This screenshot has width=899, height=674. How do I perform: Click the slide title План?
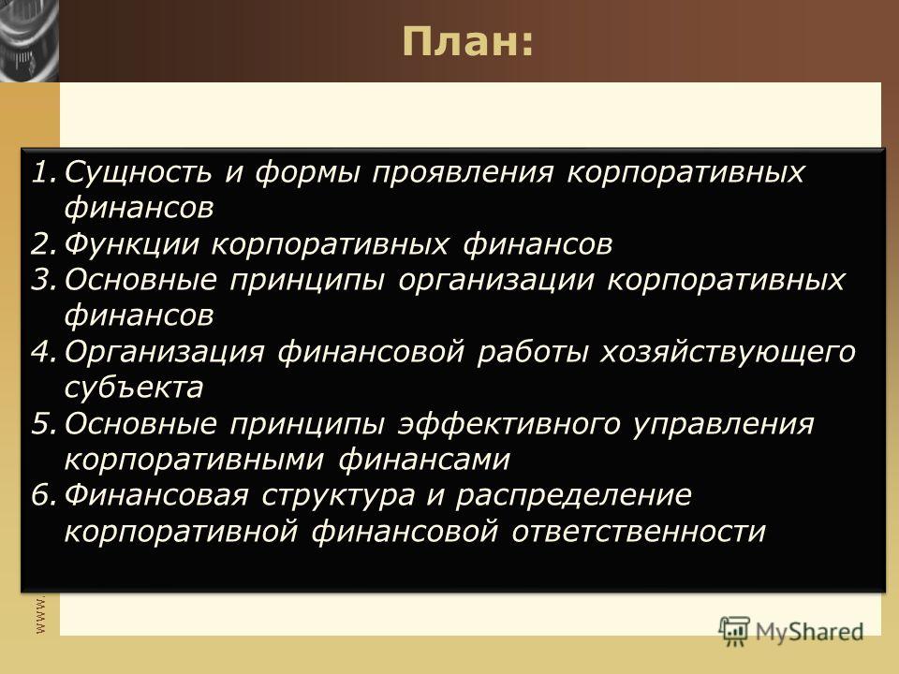coord(467,41)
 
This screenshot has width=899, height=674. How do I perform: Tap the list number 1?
coord(44,172)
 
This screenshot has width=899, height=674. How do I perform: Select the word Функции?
coord(131,245)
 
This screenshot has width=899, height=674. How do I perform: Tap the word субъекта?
coord(134,388)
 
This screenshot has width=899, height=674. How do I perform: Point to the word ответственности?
coord(639,532)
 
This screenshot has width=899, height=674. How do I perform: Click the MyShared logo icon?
coord(734,632)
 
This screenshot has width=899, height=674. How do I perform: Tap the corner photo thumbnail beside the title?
coord(29,40)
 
